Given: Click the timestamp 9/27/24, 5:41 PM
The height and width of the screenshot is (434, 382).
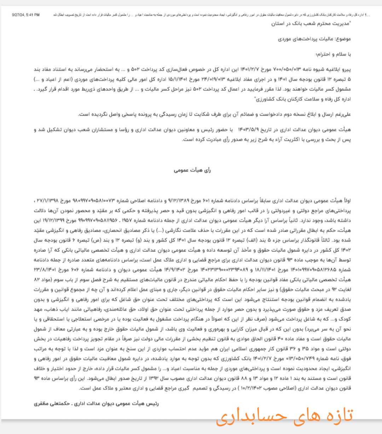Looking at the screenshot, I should click(26, 15).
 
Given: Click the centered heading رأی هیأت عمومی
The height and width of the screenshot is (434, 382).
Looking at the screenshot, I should click(192, 170).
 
